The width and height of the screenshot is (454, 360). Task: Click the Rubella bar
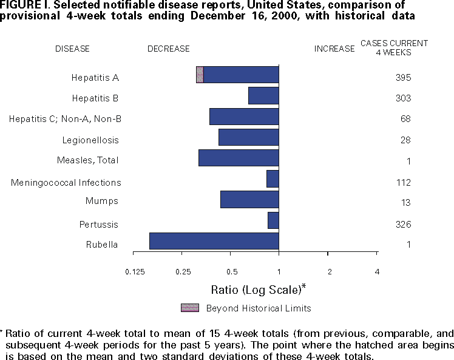[x=214, y=241]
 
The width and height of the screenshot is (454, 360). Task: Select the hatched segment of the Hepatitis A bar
[x=200, y=75]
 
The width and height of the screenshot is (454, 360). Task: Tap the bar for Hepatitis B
[x=263, y=96]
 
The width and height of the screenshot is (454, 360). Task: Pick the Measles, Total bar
[x=239, y=158]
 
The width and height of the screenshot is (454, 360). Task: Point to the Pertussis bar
[x=273, y=220]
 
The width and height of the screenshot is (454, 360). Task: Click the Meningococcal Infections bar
[x=273, y=179]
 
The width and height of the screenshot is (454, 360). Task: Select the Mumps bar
[x=249, y=200]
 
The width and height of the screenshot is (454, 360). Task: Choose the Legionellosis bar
[x=248, y=137]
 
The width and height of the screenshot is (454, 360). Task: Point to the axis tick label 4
[x=377, y=271]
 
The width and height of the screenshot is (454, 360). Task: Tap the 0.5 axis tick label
[x=231, y=271]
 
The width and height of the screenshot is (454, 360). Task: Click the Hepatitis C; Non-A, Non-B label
[x=65, y=119]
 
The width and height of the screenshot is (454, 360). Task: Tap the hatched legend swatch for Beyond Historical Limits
[x=190, y=308]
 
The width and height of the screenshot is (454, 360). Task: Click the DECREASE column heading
[x=169, y=49]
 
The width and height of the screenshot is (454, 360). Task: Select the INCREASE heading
[x=334, y=49]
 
